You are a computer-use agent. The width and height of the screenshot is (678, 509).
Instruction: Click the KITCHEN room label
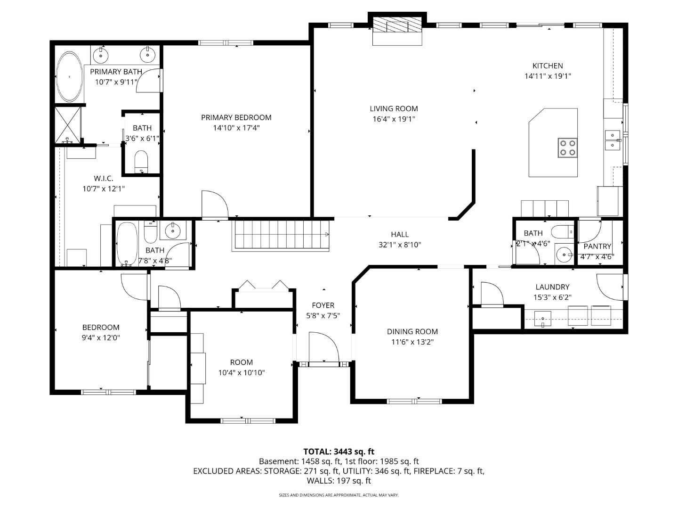point(547,66)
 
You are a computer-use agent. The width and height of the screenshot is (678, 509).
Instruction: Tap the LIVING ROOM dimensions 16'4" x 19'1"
point(394,119)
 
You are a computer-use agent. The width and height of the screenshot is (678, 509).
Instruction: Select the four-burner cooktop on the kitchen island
point(567,148)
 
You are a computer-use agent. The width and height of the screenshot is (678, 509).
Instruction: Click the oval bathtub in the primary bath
point(70,76)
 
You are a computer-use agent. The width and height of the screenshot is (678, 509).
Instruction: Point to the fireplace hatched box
point(397,25)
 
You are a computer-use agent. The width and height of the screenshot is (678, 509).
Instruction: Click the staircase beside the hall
point(282,235)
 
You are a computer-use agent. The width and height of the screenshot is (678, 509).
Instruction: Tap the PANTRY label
point(597,246)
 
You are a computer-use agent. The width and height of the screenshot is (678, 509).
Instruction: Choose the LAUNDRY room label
point(552,287)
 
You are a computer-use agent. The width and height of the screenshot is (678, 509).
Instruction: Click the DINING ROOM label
point(412,332)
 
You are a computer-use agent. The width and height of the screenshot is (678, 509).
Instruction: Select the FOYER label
point(323,305)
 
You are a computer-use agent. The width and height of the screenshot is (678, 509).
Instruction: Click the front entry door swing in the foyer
point(324,347)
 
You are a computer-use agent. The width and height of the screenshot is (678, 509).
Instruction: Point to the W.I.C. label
point(103,178)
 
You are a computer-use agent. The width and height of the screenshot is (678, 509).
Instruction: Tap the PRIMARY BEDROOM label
point(236,117)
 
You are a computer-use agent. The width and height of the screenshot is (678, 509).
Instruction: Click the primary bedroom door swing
point(215,204)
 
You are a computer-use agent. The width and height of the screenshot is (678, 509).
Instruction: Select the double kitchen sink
point(612,140)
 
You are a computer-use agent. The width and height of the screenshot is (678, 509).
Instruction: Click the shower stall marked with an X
point(68,124)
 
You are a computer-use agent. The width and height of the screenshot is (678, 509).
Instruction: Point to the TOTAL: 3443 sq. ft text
point(339,452)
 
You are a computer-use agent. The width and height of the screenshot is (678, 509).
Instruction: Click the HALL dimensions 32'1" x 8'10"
point(400,245)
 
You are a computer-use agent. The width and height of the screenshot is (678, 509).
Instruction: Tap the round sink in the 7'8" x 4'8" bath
point(173,230)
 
